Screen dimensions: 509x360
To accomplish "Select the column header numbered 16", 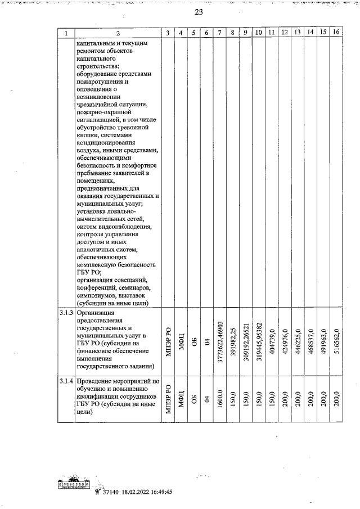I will point(336,33).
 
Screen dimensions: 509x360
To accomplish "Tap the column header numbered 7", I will point(219,33).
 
